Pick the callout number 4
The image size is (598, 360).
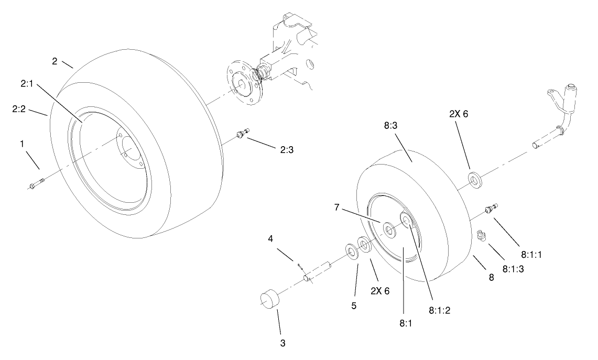[270, 238]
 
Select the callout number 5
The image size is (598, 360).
[354, 306]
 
